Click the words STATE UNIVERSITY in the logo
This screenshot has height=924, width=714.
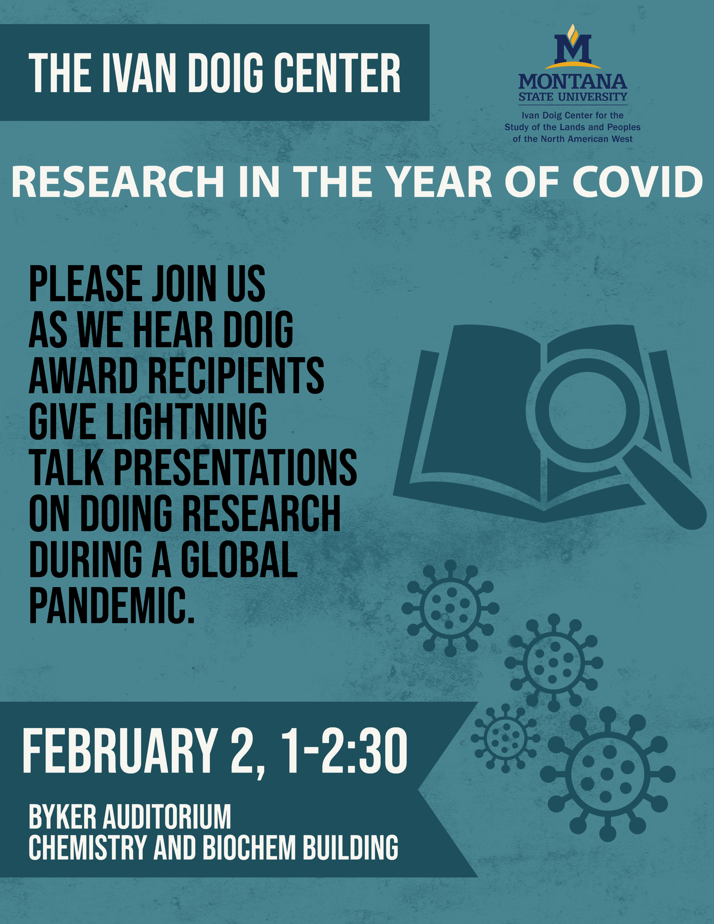pos(573,97)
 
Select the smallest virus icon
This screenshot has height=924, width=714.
pos(505,738)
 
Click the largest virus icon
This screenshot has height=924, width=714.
pos(607,774)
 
